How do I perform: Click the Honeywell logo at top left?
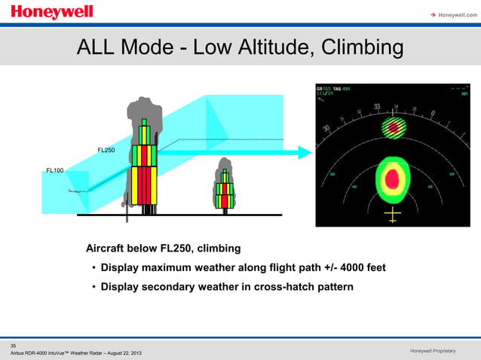[x=52, y=12]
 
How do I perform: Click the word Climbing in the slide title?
[x=361, y=49]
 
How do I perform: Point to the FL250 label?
[x=106, y=151]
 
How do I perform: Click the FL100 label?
[x=55, y=171]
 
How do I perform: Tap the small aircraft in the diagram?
[x=75, y=191]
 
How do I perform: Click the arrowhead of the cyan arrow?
[x=305, y=152]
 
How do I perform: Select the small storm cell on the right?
[x=225, y=188]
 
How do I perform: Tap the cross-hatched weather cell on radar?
[x=391, y=127]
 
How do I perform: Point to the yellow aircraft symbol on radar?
[x=392, y=216]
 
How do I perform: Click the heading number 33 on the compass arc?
[x=376, y=108]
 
